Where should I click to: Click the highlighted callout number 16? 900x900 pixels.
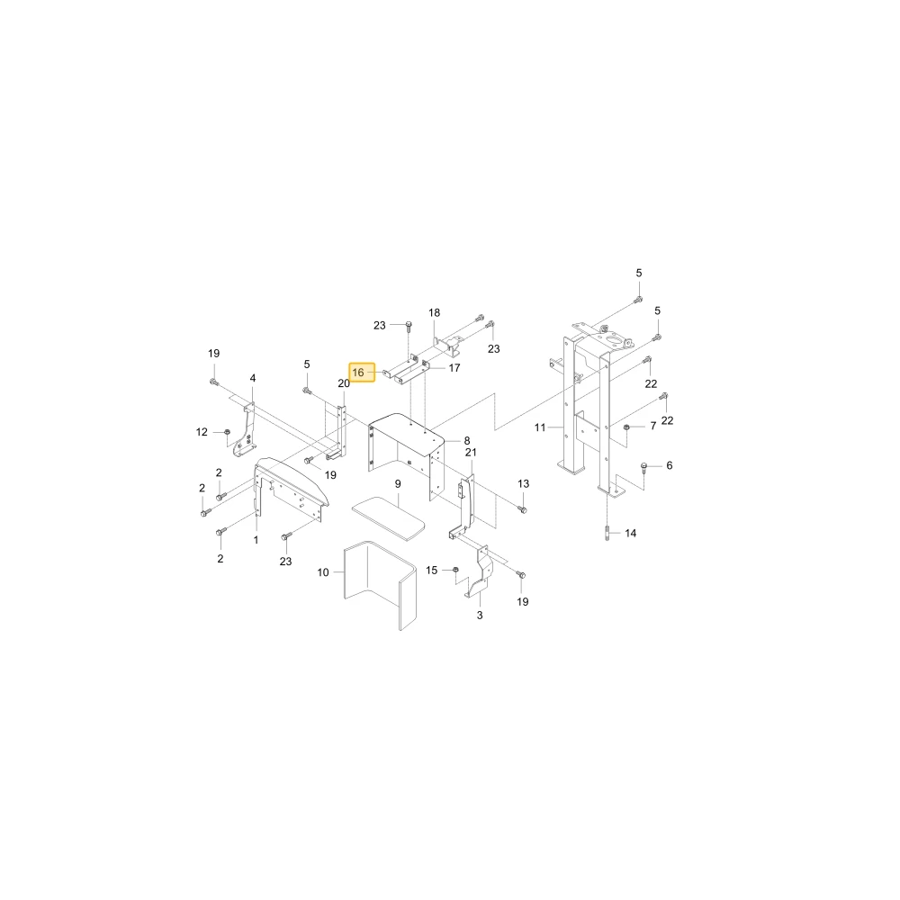click(x=358, y=373)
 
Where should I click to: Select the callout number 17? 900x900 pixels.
click(x=454, y=368)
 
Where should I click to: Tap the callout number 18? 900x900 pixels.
click(x=435, y=313)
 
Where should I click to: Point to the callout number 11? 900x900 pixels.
click(x=540, y=427)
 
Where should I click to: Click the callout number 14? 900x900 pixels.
click(x=631, y=533)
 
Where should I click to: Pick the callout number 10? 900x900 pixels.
click(x=323, y=572)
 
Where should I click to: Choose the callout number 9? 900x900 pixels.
click(x=398, y=484)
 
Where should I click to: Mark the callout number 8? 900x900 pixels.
click(x=467, y=441)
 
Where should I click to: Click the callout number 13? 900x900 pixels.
click(x=524, y=484)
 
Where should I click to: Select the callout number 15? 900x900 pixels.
click(x=432, y=570)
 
